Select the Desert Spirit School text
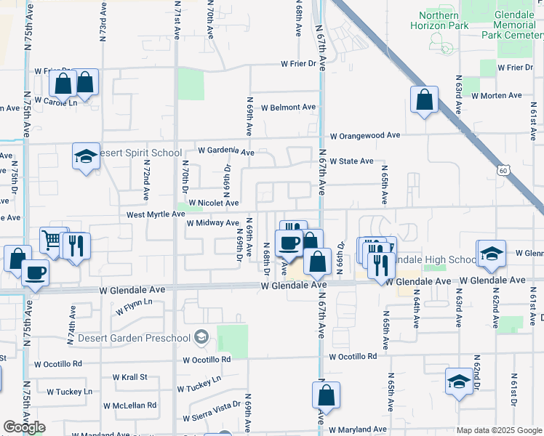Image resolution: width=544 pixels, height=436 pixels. pyautogui.click(x=140, y=153)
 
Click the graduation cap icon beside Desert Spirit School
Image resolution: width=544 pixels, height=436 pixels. pyautogui.click(x=87, y=156)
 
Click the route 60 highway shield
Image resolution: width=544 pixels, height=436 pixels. pyautogui.click(x=503, y=170)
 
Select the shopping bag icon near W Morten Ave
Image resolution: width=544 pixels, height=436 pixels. pyautogui.click(x=424, y=100)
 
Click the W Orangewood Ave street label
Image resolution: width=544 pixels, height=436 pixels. pyautogui.click(x=365, y=136)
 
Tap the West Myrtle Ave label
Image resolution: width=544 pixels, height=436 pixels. pyautogui.click(x=156, y=214)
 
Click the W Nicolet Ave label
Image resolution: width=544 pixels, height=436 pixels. pyautogui.click(x=214, y=203)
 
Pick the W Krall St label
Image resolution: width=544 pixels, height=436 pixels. pyautogui.click(x=129, y=377)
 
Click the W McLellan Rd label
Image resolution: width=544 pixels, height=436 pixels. pyautogui.click(x=129, y=405)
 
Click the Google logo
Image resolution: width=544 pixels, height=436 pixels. pyautogui.click(x=25, y=427)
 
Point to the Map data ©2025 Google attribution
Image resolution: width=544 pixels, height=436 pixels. pyautogui.click(x=498, y=430)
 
